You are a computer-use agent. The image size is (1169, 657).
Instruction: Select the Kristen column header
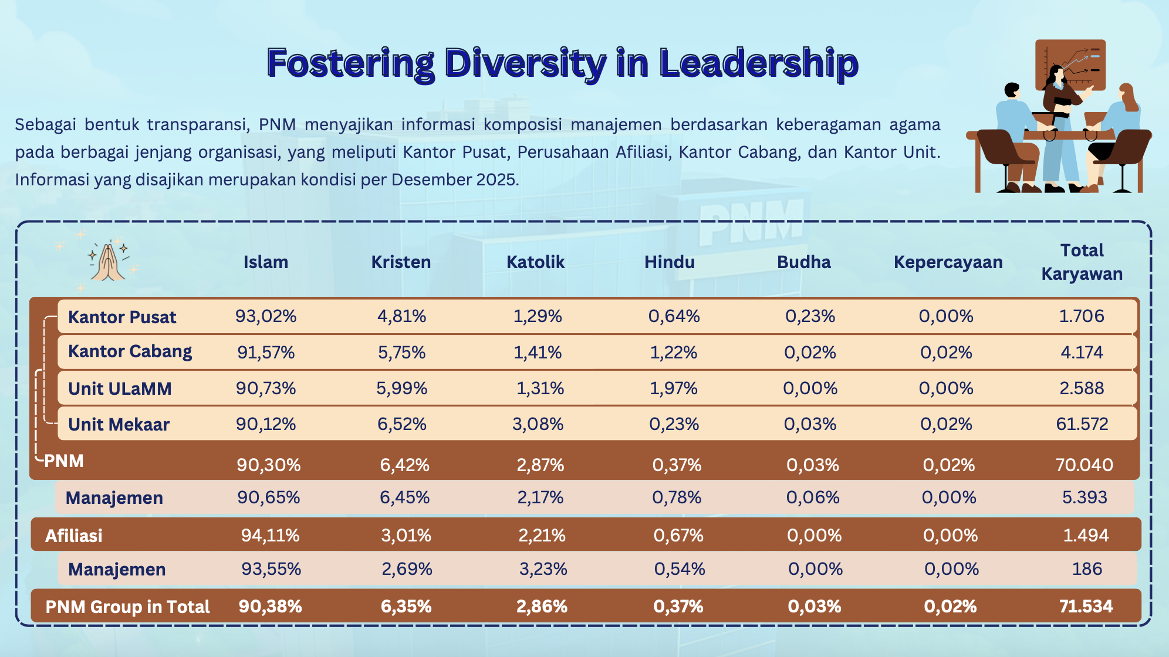(401, 262)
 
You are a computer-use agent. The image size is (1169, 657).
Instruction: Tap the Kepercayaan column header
(948, 262)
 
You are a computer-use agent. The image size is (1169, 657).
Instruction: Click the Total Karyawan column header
(1082, 262)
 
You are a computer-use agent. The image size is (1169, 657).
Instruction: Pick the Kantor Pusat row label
(122, 317)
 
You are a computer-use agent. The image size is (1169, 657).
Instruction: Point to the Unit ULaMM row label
(120, 389)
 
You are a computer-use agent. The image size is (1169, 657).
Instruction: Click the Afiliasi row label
(74, 536)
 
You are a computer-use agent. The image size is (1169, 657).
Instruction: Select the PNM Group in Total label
(127, 607)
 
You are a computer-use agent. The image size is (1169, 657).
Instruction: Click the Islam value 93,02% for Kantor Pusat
(266, 316)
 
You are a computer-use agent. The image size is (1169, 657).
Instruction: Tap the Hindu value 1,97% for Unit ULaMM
(674, 388)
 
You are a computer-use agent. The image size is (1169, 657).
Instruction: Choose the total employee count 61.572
(1082, 424)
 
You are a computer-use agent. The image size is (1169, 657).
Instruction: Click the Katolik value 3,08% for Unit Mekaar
(538, 424)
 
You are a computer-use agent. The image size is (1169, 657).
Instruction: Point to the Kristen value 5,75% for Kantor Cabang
(401, 353)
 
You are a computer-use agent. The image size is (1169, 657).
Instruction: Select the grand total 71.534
(1086, 607)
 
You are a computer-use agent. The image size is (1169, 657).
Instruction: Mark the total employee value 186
(1087, 569)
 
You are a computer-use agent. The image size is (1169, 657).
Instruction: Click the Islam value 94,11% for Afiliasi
(270, 536)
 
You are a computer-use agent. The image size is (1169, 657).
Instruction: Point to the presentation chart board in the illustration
(1070, 65)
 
